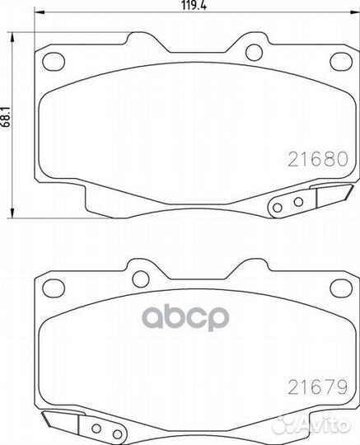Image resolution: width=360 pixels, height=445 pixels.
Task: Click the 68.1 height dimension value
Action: tap(7, 117)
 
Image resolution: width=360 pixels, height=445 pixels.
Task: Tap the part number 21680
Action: tap(318, 159)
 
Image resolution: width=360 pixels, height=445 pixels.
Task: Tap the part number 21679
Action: tap(318, 387)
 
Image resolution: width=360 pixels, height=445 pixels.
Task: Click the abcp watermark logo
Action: tap(185, 317)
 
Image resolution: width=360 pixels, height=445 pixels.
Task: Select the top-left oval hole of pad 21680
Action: tap(54, 62)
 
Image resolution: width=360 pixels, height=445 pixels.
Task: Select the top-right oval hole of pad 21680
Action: tap(341, 62)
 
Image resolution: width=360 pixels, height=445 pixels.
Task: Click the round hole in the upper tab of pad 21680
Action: tap(255, 53)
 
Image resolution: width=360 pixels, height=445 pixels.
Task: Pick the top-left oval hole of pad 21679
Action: tap(54, 288)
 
